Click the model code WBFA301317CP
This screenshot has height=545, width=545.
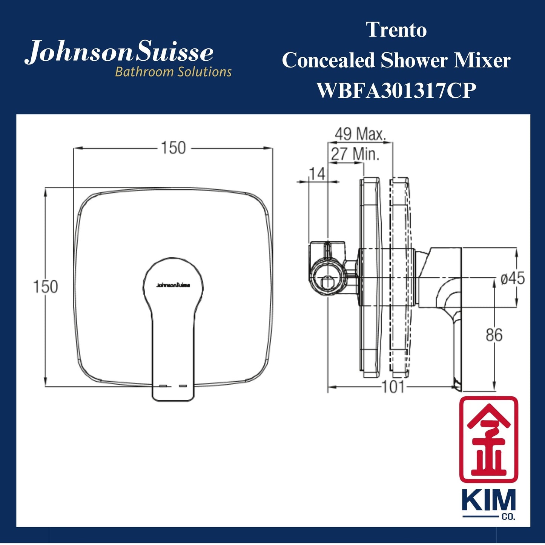click(x=396, y=91)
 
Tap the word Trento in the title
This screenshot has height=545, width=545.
click(x=396, y=30)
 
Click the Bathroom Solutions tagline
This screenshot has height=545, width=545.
click(x=173, y=72)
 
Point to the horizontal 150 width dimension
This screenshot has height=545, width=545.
click(x=173, y=148)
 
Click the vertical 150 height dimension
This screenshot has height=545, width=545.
click(x=46, y=287)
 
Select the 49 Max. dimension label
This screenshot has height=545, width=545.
click(x=360, y=134)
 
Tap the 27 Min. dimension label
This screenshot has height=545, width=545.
click(x=355, y=154)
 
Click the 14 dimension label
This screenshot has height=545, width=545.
click(x=317, y=174)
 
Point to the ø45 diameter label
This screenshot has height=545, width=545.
click(x=513, y=278)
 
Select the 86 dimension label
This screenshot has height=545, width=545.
click(x=494, y=335)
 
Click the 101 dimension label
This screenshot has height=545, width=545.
click(x=393, y=387)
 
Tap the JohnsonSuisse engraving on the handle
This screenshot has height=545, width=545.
click(x=173, y=285)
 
